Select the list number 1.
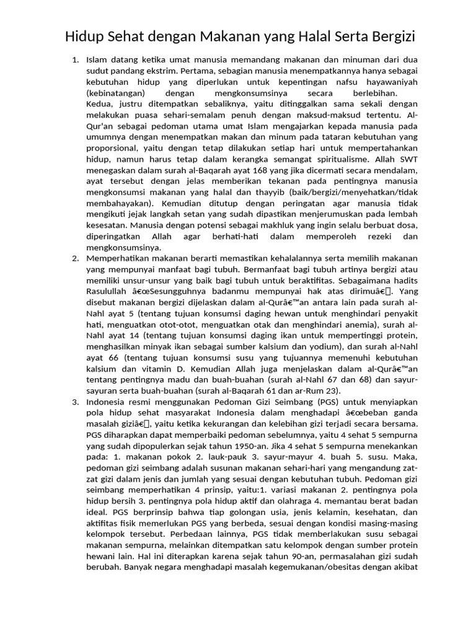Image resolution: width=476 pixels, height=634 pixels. coord(75,60)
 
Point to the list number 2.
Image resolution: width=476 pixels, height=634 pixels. coord(75,258)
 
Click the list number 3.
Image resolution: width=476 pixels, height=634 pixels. coord(75,401)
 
